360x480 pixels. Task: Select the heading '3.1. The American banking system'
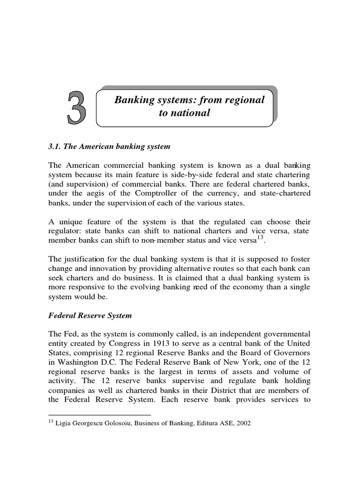[x=109, y=147]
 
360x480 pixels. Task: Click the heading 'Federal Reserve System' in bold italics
[x=90, y=315]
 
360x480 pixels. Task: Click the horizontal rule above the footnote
[x=100, y=415]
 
